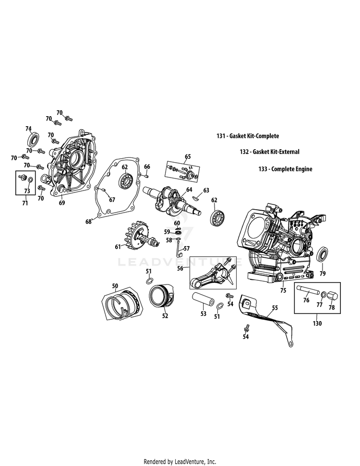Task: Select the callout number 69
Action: (61, 203)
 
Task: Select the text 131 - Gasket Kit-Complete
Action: (248, 136)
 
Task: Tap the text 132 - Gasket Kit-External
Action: (269, 152)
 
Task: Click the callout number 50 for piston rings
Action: (115, 286)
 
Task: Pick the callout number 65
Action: (187, 156)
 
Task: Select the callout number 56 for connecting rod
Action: (180, 269)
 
